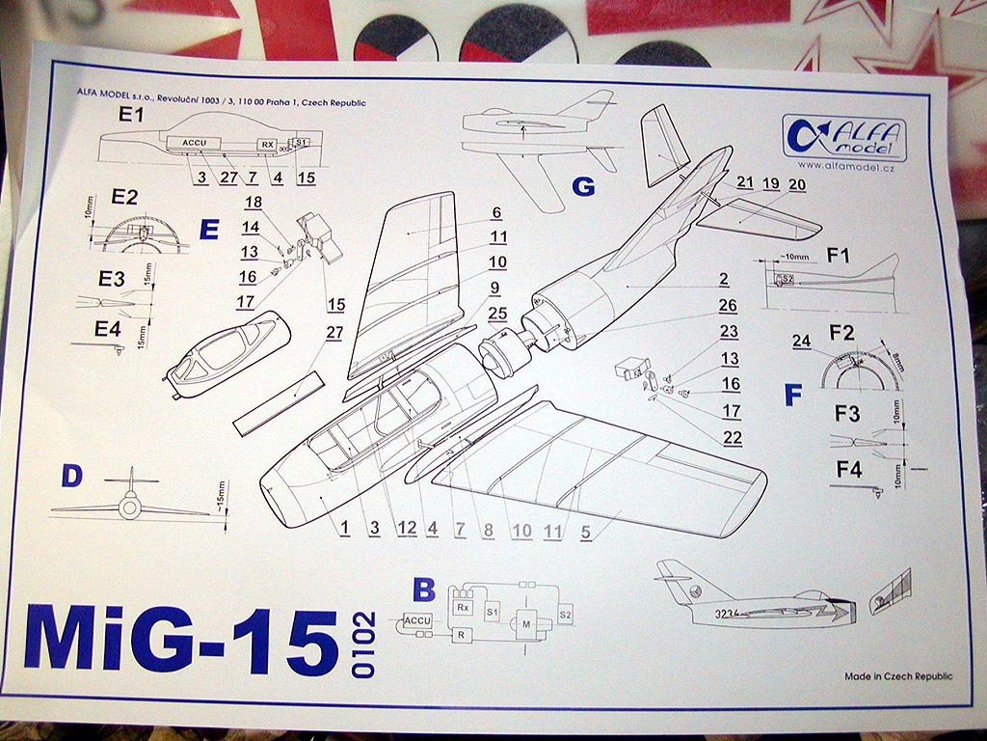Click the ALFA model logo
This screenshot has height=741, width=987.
point(844,135)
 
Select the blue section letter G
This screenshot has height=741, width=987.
point(583,186)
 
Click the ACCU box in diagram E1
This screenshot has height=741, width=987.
point(194,143)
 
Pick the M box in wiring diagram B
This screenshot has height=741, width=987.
point(527,625)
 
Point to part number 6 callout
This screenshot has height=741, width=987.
point(496,213)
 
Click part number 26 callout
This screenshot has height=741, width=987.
point(728,306)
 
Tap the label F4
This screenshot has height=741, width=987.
point(848,471)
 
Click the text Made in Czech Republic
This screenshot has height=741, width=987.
point(898,676)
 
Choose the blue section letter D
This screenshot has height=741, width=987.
point(70,475)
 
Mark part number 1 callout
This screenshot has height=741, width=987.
point(343,527)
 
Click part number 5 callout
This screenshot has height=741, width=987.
point(585,530)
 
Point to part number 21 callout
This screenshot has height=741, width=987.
point(745,183)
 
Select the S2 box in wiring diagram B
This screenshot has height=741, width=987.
point(566,615)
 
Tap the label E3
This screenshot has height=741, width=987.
point(112,280)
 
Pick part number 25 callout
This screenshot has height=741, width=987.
point(497,313)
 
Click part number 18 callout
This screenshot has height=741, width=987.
point(253,202)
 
